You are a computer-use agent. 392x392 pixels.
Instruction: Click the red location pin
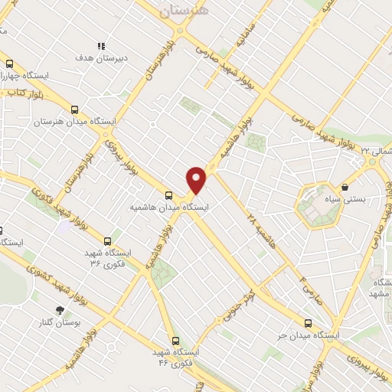[x=197, y=179]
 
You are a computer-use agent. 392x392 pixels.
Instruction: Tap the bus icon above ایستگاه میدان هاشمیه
[x=169, y=194]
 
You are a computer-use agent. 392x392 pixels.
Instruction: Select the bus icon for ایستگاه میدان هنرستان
[x=74, y=109]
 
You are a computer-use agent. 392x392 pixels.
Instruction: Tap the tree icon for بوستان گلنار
[x=60, y=309]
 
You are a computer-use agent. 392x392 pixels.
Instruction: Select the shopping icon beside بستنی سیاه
[x=345, y=186]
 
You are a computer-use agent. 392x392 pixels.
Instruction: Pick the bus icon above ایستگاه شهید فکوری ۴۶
[x=175, y=340]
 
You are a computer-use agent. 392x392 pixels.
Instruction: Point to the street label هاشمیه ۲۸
[x=250, y=206]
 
